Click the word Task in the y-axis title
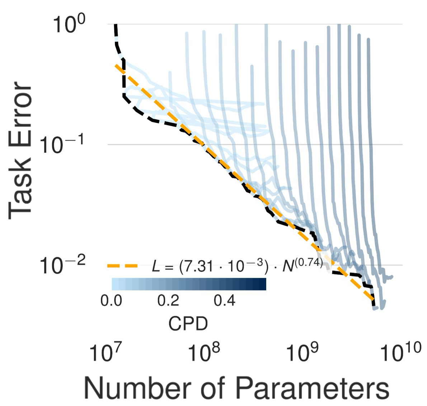coord(21,190)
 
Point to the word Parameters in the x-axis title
coord(312,387)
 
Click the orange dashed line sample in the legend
coord(122,266)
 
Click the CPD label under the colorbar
coord(188,324)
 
